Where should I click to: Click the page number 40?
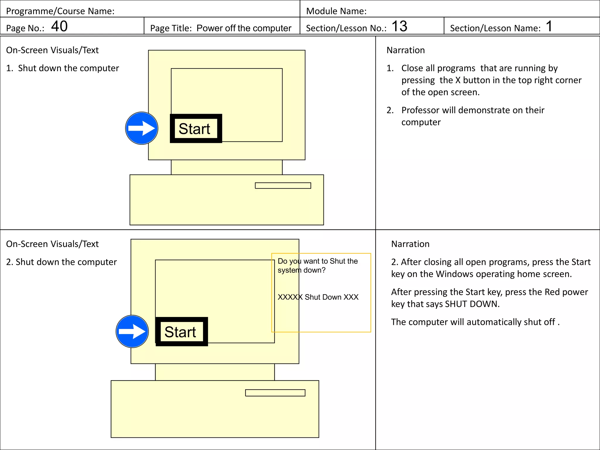(x=59, y=26)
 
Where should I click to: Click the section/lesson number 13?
(x=399, y=26)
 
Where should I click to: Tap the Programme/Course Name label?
(x=60, y=11)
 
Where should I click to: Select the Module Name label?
(x=336, y=11)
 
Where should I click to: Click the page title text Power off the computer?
(x=244, y=28)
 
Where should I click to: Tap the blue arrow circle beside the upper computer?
(x=142, y=128)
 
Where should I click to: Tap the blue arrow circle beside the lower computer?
(x=132, y=331)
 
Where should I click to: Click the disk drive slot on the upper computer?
(x=283, y=185)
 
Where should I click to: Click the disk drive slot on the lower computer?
(x=275, y=393)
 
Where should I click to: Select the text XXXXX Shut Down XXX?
(x=318, y=297)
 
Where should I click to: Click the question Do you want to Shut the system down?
(x=318, y=265)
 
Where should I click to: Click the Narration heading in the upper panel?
(x=405, y=50)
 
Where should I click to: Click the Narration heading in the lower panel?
(x=410, y=244)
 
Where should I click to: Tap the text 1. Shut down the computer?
(x=62, y=68)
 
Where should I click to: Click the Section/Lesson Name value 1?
(x=549, y=26)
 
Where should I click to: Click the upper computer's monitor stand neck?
(x=226, y=167)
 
